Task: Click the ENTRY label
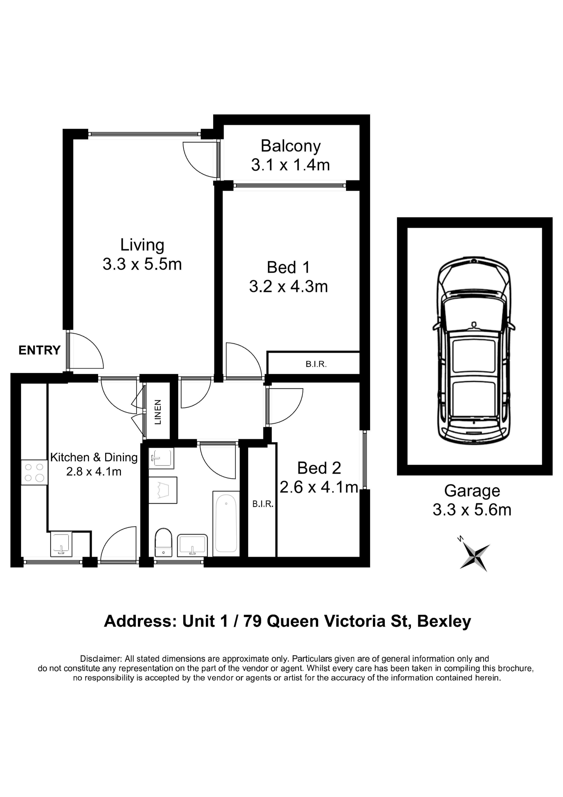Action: [40, 350]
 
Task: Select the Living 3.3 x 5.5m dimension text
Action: [142, 264]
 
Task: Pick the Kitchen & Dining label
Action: [94, 457]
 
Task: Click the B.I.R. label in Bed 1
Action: [316, 364]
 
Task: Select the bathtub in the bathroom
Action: [226, 523]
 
